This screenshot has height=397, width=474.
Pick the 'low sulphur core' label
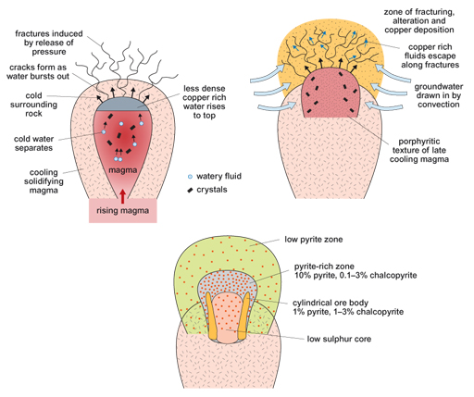point(346,338)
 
